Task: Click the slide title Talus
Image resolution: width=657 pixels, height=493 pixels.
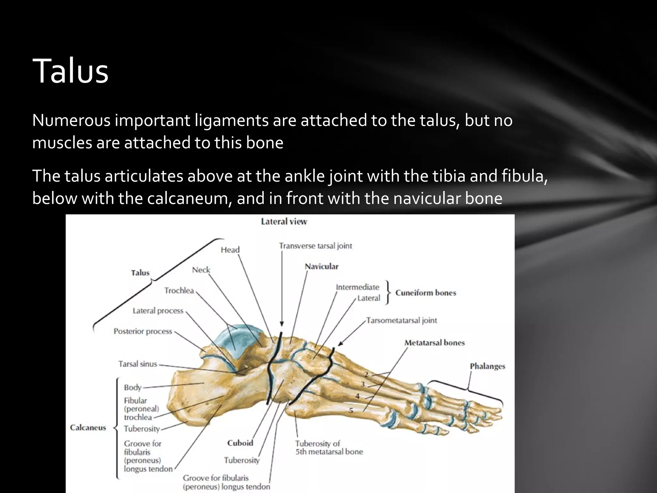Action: pos(70,71)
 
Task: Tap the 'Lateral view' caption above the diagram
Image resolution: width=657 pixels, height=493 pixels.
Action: pos(284,221)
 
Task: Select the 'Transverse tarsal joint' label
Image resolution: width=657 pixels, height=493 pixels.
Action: pos(315,246)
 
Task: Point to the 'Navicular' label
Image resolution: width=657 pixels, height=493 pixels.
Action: pos(321,266)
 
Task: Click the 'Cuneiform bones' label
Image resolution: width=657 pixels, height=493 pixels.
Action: pos(425,293)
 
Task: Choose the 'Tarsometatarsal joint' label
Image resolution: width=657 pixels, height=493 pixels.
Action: pos(402,320)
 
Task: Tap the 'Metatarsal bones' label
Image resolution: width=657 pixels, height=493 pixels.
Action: pos(434,343)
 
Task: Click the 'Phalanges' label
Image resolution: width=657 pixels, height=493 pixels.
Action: pos(487,366)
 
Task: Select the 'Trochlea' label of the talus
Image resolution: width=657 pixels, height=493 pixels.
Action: pos(179,290)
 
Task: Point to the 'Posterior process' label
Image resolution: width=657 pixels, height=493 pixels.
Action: pos(143,331)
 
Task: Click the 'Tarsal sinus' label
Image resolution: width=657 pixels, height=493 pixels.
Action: pos(138,364)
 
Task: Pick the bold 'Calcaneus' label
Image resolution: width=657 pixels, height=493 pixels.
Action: pos(88,428)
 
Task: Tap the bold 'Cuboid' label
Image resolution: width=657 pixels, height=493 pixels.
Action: pos(240,443)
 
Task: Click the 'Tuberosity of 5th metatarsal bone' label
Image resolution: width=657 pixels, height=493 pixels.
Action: pos(329,447)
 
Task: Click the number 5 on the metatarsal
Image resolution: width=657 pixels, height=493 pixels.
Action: pos(351,410)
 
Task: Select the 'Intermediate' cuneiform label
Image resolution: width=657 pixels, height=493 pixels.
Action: pos(357,287)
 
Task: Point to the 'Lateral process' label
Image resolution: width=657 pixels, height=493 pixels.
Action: pos(158,311)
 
